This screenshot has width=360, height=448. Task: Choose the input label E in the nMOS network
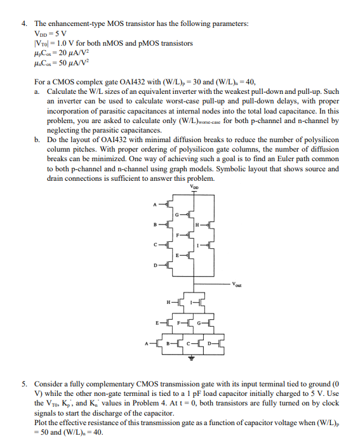[x=156, y=323]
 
